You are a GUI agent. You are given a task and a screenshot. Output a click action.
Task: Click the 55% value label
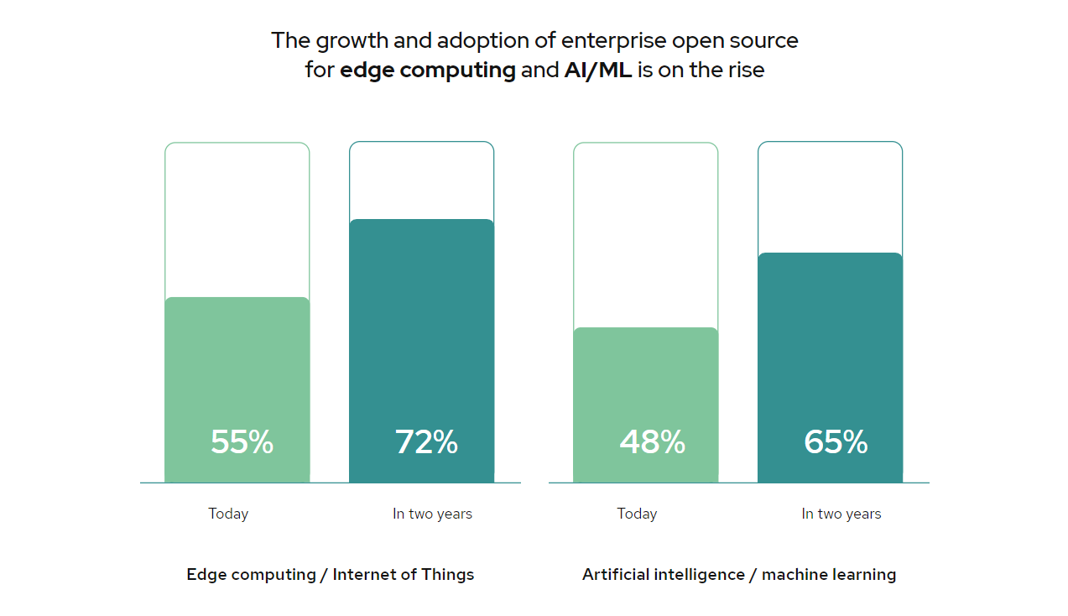click(x=242, y=442)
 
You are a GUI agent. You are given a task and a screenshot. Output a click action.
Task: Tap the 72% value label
click(x=426, y=442)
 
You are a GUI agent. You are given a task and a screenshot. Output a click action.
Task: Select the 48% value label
click(x=652, y=442)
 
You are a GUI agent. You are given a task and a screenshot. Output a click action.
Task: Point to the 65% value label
click(x=836, y=442)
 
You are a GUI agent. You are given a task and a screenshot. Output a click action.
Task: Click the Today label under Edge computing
click(x=228, y=514)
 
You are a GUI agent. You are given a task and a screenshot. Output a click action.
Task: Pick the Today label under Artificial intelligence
click(x=637, y=514)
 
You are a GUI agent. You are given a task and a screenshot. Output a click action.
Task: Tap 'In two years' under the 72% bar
click(x=432, y=514)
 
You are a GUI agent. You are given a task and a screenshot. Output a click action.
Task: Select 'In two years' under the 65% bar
click(x=841, y=514)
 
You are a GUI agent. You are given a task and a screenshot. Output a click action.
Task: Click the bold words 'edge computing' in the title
click(x=428, y=70)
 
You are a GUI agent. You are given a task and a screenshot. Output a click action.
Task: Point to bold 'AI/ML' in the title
click(x=598, y=70)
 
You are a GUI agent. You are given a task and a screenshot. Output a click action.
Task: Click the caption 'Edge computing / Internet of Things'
click(x=331, y=575)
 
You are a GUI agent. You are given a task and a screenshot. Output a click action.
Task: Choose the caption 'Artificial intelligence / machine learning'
click(x=739, y=575)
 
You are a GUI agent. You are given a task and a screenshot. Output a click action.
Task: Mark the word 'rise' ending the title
click(x=746, y=70)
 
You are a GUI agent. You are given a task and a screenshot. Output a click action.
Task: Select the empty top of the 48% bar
click(x=645, y=235)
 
